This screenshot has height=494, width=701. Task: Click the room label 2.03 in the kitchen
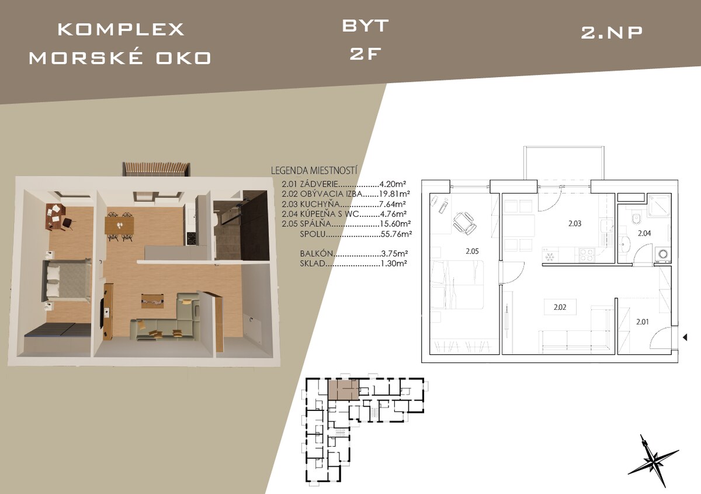tap(575, 224)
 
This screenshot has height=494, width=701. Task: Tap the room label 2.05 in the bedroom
tap(472, 251)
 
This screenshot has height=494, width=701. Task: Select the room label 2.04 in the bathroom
tap(644, 233)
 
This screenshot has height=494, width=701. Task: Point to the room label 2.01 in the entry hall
tap(643, 322)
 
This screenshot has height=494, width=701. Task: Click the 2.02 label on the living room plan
tap(560, 308)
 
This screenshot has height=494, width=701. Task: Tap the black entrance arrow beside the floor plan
tap(685, 337)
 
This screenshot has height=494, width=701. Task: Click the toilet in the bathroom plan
tap(636, 219)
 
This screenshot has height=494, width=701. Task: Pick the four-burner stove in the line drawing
tap(587, 255)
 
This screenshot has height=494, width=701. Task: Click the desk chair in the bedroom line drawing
tap(465, 222)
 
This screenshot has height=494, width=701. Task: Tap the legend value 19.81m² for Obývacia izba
tap(394, 194)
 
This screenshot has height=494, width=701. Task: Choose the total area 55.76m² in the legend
tap(396, 234)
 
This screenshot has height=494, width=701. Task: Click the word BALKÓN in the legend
tap(317, 253)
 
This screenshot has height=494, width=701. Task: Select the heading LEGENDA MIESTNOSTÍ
tap(314, 171)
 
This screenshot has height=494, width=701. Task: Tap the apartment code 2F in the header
tap(366, 54)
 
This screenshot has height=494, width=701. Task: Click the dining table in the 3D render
tap(120, 226)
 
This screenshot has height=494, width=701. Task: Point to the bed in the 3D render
tap(67, 280)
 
